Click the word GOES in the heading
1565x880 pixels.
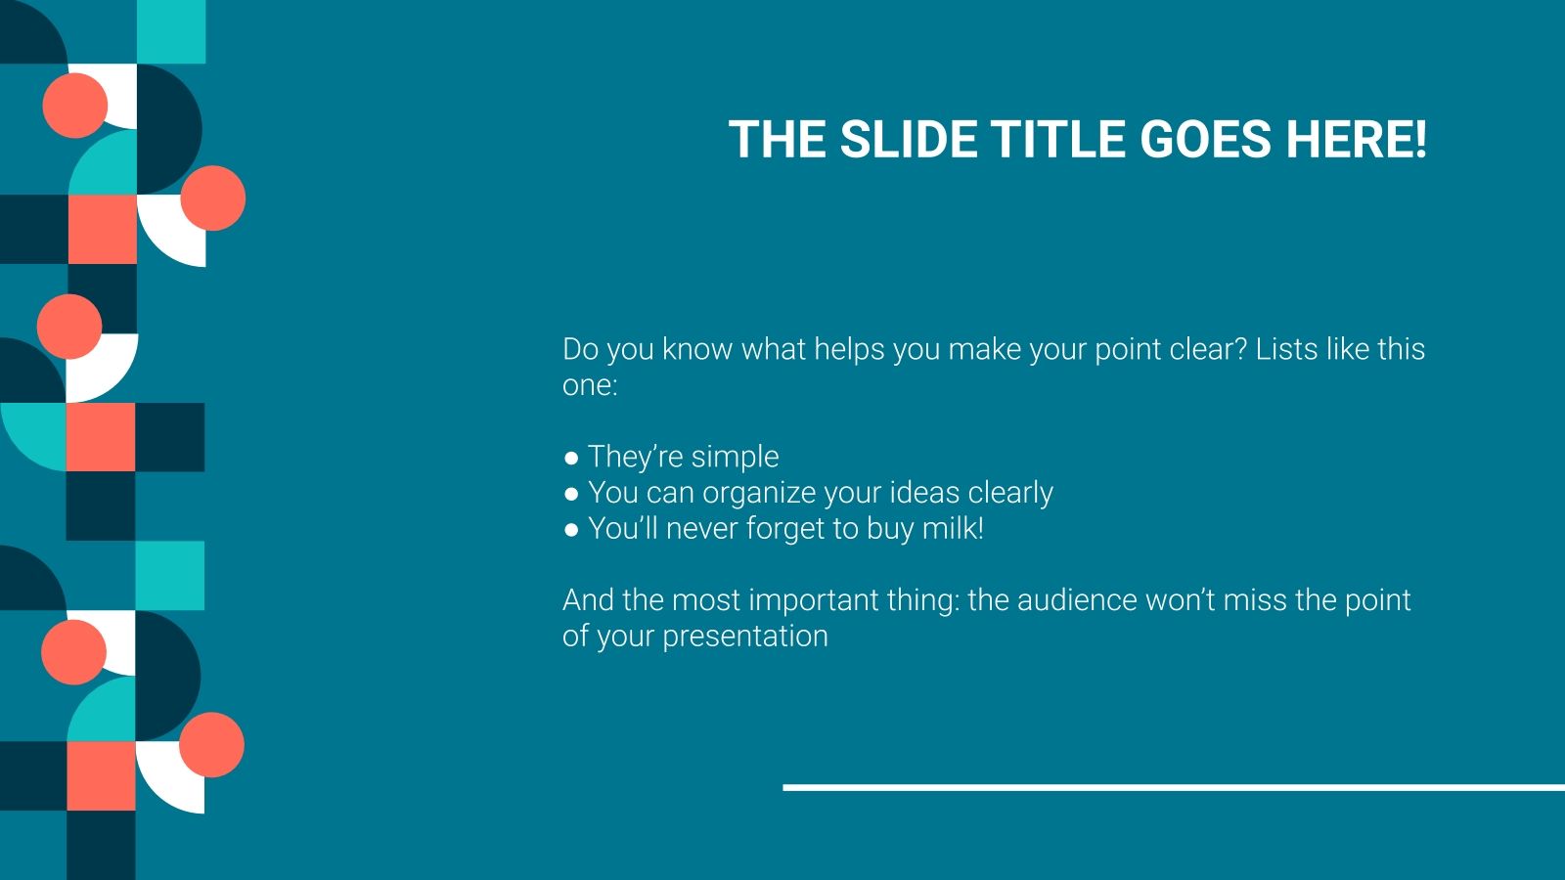click(x=1208, y=140)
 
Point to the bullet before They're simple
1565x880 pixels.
click(x=572, y=458)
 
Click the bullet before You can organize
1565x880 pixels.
click(x=572, y=494)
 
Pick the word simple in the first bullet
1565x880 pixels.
click(x=735, y=458)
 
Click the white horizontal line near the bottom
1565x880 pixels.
click(x=1174, y=787)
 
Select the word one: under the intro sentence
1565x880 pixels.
click(x=590, y=385)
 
